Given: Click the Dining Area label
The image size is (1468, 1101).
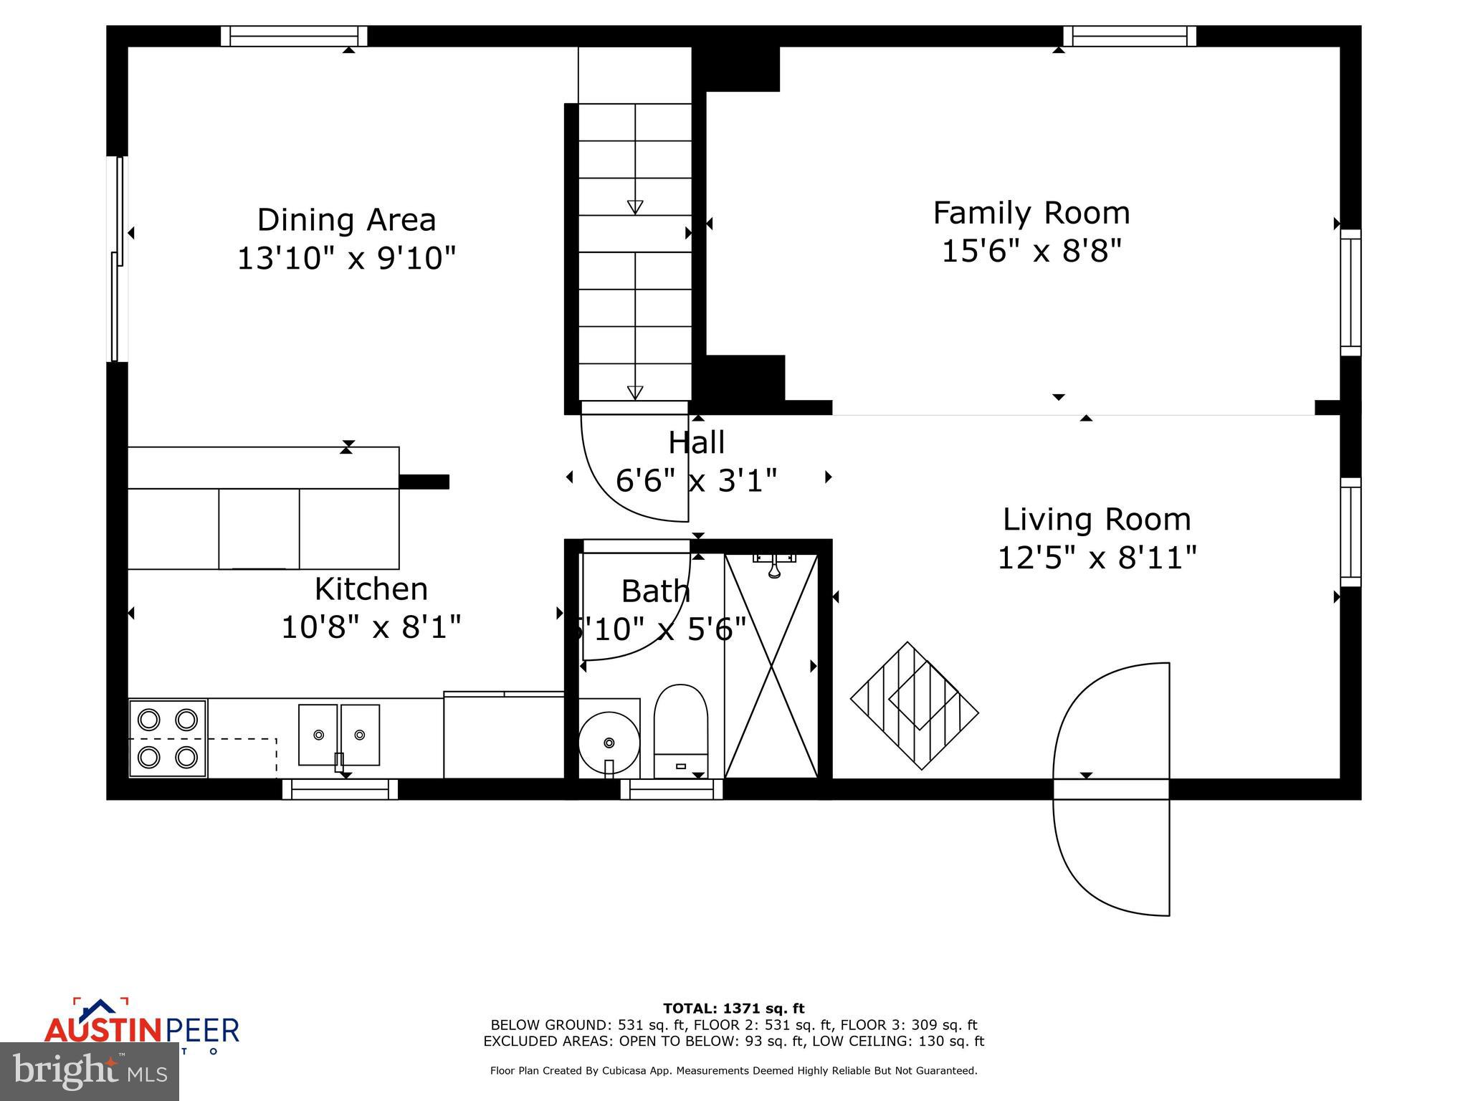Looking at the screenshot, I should click(346, 220).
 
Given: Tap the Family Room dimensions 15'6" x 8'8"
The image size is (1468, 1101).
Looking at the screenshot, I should click(1031, 252).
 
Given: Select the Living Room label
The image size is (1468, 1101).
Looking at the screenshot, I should click(1096, 520).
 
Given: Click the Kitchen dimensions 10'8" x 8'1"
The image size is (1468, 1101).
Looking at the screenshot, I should click(371, 627).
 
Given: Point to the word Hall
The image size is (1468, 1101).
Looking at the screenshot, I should click(696, 443).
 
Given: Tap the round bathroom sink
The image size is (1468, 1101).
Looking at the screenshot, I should click(609, 742).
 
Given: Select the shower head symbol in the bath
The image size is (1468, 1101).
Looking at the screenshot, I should click(774, 566).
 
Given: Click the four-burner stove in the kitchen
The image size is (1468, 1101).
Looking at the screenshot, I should click(168, 738).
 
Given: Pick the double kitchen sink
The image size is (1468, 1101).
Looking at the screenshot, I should click(339, 735).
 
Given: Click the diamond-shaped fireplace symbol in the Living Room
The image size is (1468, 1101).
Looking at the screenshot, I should click(914, 705).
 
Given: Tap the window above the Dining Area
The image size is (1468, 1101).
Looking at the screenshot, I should click(294, 36).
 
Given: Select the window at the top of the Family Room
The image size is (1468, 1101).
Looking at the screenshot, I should click(1130, 36).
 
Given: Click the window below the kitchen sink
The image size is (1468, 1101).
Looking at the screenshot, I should click(340, 789).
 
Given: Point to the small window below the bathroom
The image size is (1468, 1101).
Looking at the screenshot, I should click(672, 789).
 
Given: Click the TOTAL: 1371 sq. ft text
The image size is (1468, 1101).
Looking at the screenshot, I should click(733, 1009).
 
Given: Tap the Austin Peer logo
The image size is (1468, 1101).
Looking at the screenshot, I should click(141, 1028).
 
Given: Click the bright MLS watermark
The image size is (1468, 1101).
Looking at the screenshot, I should click(90, 1072).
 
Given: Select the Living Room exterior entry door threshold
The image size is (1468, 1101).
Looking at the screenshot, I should click(1111, 789).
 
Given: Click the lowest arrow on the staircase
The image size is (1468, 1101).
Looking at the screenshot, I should click(635, 392).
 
